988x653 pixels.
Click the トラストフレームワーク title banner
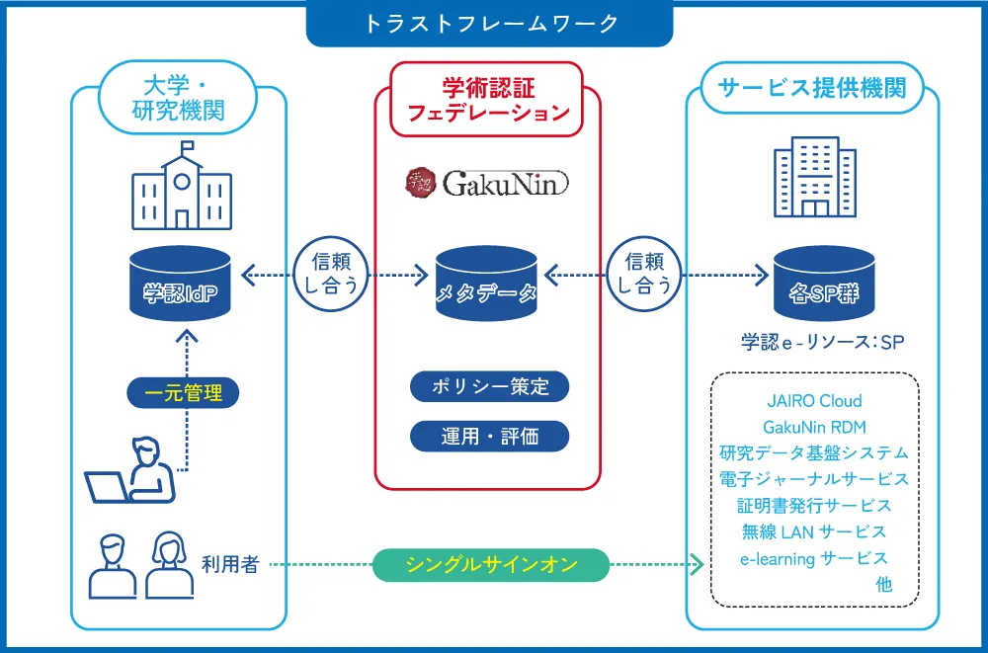click(490, 24)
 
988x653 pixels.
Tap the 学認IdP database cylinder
click(181, 283)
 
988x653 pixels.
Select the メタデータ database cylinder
click(486, 283)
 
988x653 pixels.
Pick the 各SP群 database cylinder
click(824, 283)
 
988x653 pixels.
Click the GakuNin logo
click(487, 184)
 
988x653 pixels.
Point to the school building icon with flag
click(182, 186)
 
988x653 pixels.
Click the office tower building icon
click(815, 177)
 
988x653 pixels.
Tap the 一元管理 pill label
click(184, 393)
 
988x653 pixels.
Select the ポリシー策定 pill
click(490, 386)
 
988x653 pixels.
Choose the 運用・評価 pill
click(490, 437)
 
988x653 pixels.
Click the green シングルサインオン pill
click(491, 565)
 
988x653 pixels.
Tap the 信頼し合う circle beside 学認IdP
click(331, 275)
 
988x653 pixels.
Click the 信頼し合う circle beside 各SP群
click(643, 275)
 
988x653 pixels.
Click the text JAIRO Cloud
click(814, 401)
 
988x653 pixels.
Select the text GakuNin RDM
click(814, 428)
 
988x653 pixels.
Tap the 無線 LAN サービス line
click(814, 531)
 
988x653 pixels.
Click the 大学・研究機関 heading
click(178, 98)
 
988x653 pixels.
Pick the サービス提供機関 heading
click(812, 88)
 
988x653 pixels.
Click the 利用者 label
click(230, 564)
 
